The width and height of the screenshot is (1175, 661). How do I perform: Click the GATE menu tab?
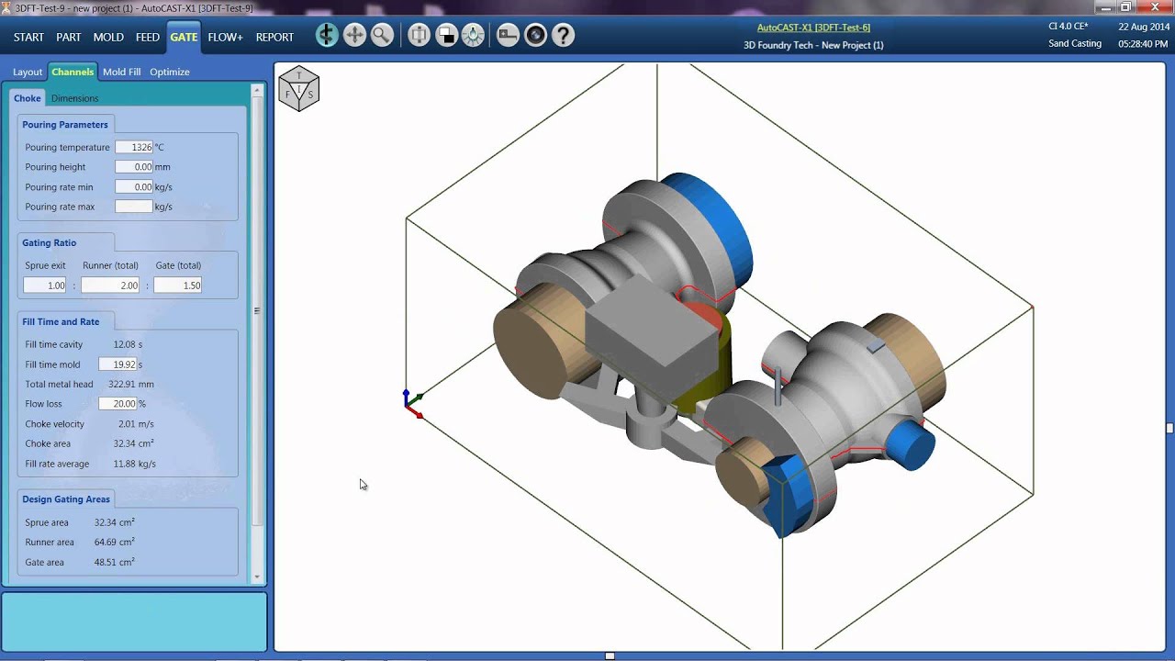184,37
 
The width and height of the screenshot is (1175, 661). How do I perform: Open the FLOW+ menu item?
225,37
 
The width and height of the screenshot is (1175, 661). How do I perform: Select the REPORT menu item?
274,37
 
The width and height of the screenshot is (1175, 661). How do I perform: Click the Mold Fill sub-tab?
121,72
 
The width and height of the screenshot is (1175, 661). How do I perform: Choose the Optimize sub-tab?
170,72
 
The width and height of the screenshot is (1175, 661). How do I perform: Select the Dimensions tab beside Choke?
74,98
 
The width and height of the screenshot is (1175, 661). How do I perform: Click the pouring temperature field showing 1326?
134,147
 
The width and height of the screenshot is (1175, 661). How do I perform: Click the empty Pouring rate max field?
134,207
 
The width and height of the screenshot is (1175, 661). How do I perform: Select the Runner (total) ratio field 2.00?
110,286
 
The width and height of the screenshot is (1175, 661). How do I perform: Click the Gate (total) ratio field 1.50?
177,286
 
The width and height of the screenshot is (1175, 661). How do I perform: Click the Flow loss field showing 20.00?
118,404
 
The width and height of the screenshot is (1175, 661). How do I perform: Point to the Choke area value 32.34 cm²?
133,443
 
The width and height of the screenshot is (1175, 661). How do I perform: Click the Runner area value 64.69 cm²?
114,543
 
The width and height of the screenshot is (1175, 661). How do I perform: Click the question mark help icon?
563,36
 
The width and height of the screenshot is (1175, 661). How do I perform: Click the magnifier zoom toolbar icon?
382,36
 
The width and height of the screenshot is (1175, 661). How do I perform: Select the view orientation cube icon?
298,89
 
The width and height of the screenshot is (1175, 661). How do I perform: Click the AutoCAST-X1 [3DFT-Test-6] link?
813,28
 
